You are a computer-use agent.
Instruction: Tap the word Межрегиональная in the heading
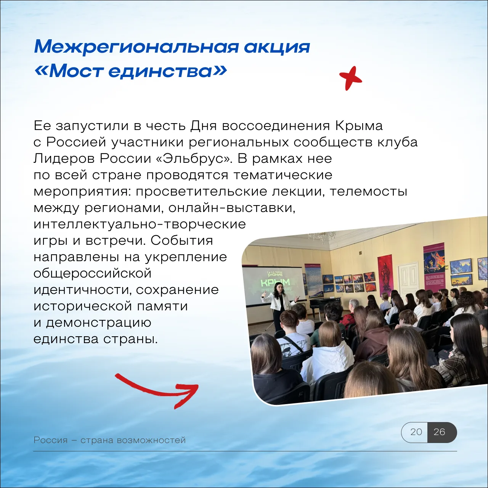(x=136, y=47)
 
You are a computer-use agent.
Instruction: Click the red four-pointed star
(x=350, y=78)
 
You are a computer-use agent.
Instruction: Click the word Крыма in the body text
(x=359, y=126)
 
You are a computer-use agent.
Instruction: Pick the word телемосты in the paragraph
(x=368, y=192)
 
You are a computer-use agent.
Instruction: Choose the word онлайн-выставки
(x=232, y=208)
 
